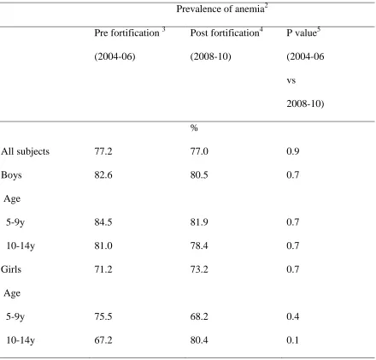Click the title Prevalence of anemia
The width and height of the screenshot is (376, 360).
click(222, 9)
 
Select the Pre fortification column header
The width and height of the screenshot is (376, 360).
click(130, 32)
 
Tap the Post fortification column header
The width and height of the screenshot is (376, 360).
click(226, 32)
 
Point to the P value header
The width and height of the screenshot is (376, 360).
click(303, 32)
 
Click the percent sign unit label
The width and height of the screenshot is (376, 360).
click(194, 127)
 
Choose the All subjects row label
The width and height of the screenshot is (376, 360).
click(25, 151)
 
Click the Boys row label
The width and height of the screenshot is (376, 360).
click(11, 175)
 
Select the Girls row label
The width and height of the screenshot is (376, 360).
click(11, 269)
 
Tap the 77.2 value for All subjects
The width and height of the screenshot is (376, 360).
click(103, 151)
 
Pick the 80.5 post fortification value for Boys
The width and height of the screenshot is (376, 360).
click(199, 174)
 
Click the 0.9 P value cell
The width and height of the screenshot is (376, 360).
click(293, 151)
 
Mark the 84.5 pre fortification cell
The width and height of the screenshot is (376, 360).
click(103, 222)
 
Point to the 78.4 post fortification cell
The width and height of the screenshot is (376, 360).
click(199, 245)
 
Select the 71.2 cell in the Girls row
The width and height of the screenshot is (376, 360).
click(103, 269)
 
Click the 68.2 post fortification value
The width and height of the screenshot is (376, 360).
click(199, 316)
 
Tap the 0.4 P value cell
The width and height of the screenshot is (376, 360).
click(293, 316)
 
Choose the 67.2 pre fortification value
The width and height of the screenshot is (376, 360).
click(103, 340)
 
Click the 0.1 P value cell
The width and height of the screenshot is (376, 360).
click(293, 340)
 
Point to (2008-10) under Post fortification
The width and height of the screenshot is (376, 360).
click(210, 56)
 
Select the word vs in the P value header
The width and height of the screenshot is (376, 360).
click(291, 80)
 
